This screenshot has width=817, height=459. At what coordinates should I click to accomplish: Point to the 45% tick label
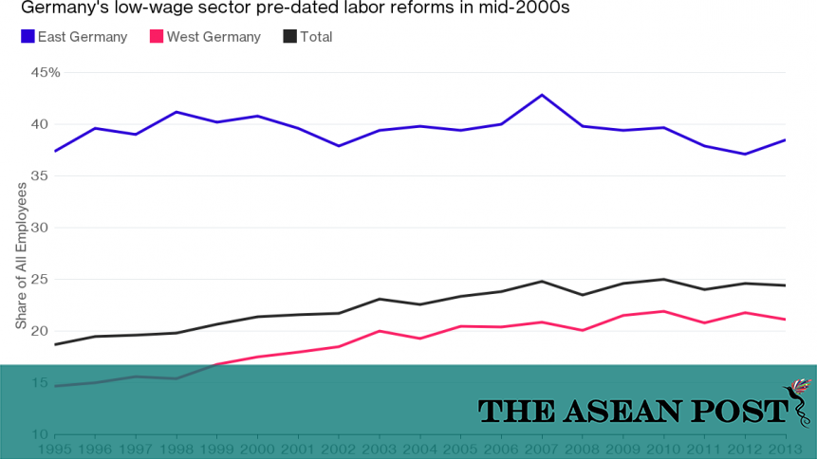click(x=45, y=72)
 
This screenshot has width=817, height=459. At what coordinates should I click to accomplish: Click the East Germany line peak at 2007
click(x=542, y=95)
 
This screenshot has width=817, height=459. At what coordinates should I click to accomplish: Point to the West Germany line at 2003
click(x=380, y=331)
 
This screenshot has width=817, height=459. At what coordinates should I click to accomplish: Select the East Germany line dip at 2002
click(x=338, y=146)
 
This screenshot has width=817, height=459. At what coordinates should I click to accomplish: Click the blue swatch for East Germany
click(x=28, y=37)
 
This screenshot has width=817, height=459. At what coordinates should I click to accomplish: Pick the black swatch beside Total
click(x=290, y=37)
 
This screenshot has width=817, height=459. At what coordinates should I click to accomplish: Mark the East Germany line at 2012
click(x=745, y=154)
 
